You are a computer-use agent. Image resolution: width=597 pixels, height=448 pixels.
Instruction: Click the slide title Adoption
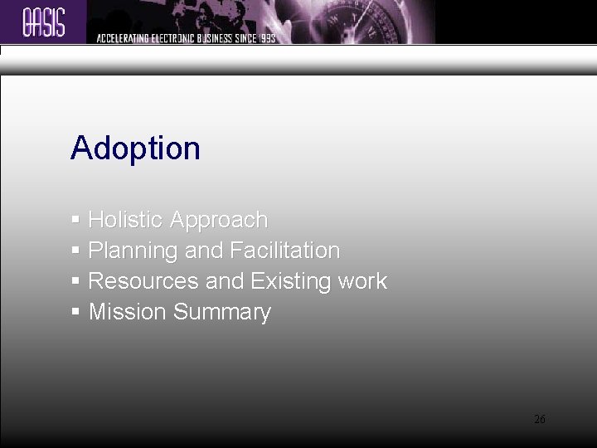[x=135, y=149]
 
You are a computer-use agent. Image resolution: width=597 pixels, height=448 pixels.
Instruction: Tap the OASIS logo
[x=44, y=21]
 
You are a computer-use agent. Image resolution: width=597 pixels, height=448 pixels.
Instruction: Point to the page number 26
[x=540, y=420]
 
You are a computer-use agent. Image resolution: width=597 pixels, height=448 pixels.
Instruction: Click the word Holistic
[x=125, y=220]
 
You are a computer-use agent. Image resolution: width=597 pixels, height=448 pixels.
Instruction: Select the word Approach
[x=219, y=221]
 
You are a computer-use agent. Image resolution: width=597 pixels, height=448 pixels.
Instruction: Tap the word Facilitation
[x=285, y=251]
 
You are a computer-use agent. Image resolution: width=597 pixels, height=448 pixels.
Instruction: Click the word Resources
[x=143, y=281]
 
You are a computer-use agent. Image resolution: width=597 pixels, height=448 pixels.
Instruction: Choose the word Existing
[x=291, y=281]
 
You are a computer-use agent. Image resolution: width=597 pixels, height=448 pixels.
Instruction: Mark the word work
[x=362, y=281]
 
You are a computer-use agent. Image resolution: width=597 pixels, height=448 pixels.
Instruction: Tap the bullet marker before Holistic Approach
[x=75, y=220]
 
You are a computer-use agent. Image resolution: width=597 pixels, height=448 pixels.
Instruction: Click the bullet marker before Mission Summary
[x=75, y=312]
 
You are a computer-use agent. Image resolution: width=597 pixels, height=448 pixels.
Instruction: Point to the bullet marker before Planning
[x=75, y=251]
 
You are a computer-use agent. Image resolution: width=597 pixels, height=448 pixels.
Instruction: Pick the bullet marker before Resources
[x=75, y=281]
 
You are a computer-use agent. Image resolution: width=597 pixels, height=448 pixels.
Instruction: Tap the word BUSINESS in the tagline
[x=209, y=38]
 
